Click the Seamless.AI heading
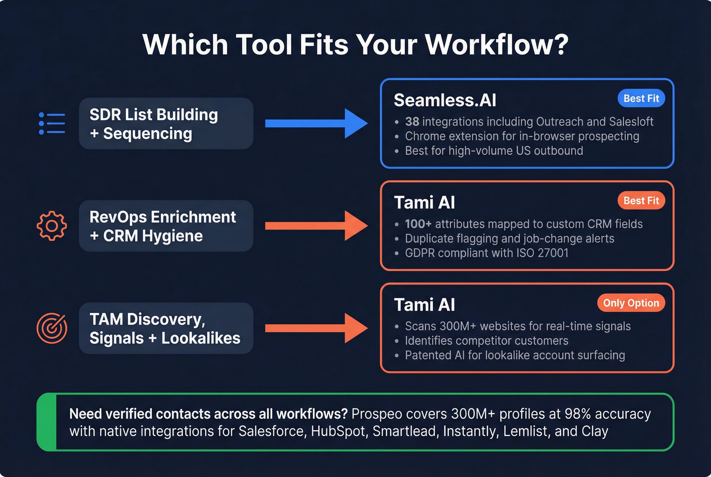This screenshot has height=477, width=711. pyautogui.click(x=445, y=100)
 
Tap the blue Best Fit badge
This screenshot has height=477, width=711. pyautogui.click(x=641, y=99)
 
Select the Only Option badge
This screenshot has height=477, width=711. pyautogui.click(x=631, y=303)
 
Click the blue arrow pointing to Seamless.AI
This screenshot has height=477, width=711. pyautogui.click(x=316, y=123)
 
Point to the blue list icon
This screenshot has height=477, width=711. pyautogui.click(x=52, y=123)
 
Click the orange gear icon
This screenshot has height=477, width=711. pyautogui.click(x=52, y=226)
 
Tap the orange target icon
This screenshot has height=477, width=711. pyautogui.click(x=52, y=328)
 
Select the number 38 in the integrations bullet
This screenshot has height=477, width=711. pyautogui.click(x=412, y=122)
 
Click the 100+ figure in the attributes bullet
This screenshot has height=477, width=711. pyautogui.click(x=418, y=224)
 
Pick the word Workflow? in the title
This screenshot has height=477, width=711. pyautogui.click(x=496, y=45)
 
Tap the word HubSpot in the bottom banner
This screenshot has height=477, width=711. pyautogui.click(x=338, y=431)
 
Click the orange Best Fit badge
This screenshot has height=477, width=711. pyautogui.click(x=641, y=201)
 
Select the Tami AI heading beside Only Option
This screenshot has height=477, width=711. pyautogui.click(x=425, y=305)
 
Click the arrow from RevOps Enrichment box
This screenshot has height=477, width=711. pyautogui.click(x=316, y=226)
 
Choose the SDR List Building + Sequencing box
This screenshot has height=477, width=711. pyautogui.click(x=166, y=123)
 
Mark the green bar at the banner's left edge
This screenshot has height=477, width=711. pyautogui.click(x=47, y=422)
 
